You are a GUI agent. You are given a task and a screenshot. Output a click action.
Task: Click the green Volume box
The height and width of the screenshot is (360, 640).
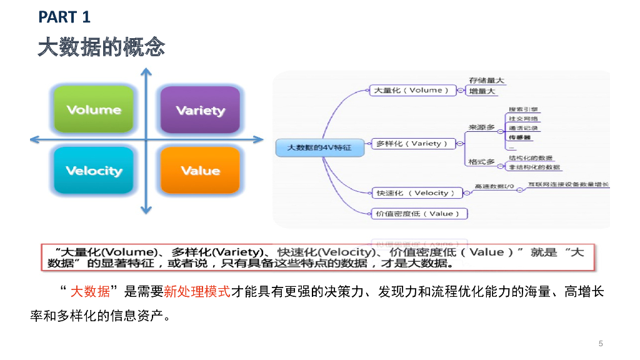(94, 109)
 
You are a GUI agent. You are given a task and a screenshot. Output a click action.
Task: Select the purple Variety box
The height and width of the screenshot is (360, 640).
(200, 110)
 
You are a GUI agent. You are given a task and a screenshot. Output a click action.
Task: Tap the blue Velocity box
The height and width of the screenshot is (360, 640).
(94, 170)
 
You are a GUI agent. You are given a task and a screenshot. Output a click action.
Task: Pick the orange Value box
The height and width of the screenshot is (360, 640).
(200, 170)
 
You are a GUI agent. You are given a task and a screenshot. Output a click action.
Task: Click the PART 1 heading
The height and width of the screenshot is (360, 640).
(64, 17)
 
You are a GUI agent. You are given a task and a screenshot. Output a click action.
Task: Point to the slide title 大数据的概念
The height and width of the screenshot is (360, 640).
(101, 47)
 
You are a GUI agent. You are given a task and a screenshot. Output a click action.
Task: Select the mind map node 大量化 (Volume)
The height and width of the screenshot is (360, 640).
(411, 90)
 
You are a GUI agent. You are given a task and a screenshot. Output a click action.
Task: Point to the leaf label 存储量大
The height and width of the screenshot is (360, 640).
(487, 81)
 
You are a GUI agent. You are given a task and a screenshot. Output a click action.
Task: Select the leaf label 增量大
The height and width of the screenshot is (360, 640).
(482, 91)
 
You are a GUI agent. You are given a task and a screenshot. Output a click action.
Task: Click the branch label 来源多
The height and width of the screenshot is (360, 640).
(481, 127)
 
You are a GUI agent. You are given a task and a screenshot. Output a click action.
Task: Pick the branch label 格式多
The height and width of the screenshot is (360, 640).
(481, 162)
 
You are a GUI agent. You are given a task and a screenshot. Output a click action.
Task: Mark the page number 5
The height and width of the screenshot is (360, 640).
(601, 343)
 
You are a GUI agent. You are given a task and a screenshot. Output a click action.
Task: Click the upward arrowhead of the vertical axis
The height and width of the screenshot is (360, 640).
(146, 72)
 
